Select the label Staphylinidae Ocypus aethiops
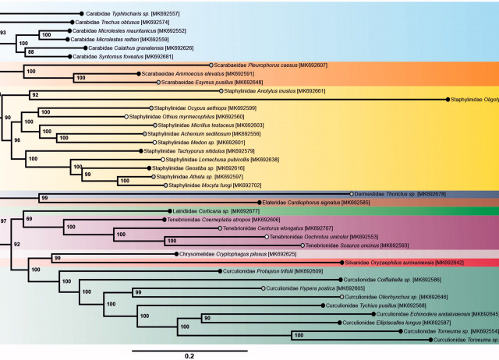coord(188,108)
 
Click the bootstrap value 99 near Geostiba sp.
coord(88,174)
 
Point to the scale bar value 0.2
coord(189,355)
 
